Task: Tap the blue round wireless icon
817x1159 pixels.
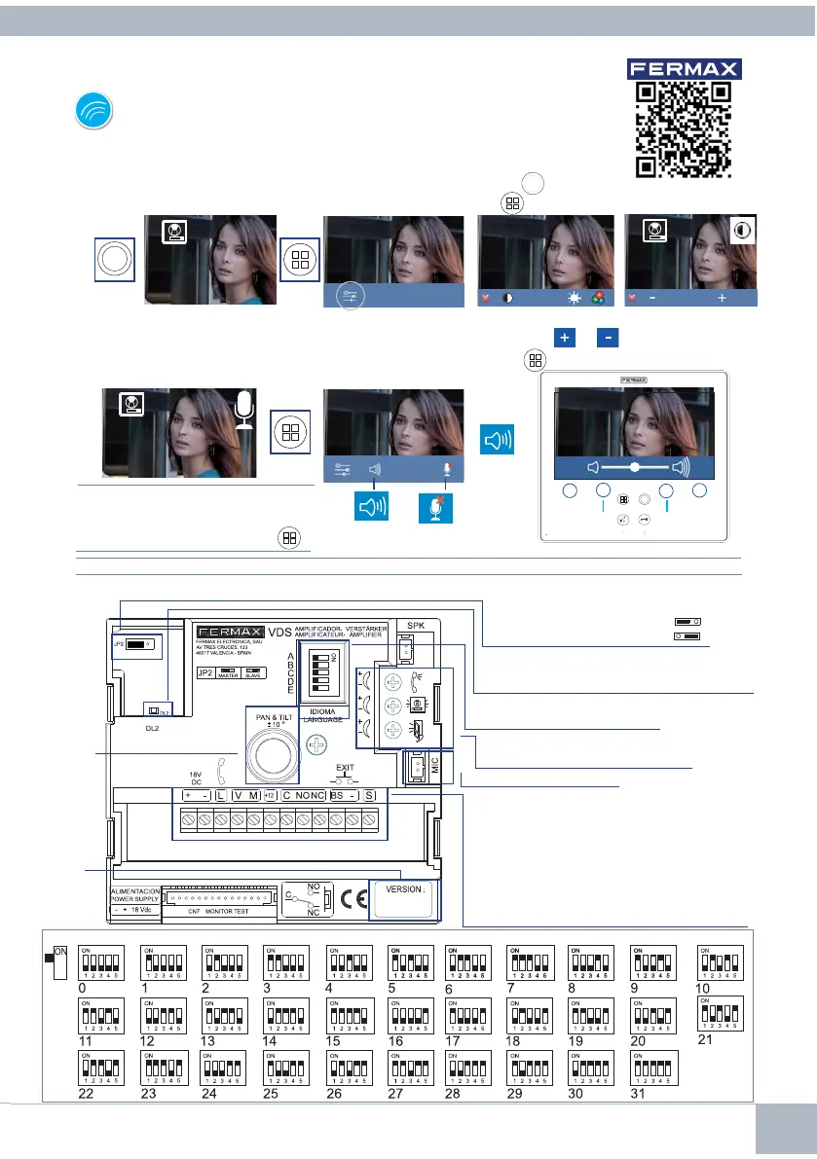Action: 93,112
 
